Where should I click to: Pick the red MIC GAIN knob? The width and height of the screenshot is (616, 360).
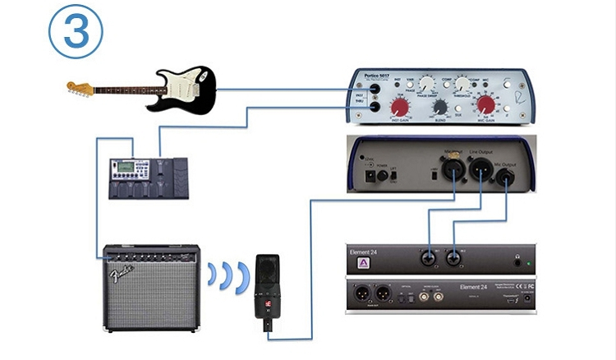coord(486,104)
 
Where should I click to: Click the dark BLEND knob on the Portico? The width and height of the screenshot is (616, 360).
coord(440,106)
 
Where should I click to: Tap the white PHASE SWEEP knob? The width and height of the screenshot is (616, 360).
coord(425,84)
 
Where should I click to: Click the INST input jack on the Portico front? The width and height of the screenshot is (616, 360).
coord(374,89)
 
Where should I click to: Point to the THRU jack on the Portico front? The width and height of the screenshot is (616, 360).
coord(374,106)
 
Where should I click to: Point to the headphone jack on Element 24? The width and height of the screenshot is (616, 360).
coord(517,262)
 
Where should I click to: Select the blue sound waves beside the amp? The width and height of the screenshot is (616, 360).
coord(226,276)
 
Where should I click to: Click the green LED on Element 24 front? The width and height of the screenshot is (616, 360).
coord(529,263)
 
